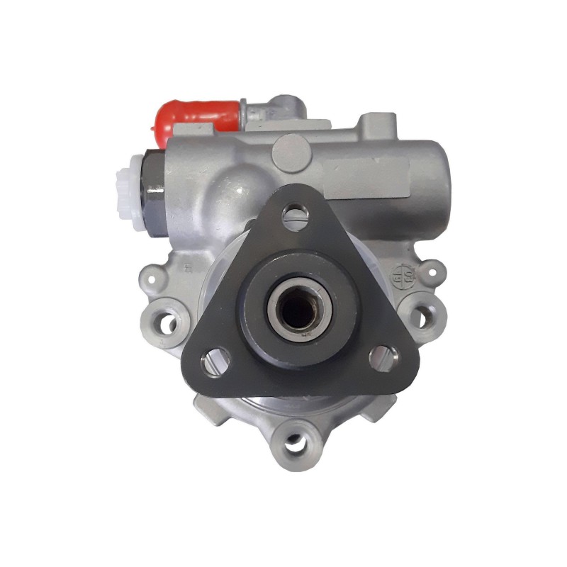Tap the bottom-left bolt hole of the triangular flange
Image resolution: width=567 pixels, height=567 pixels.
coord(213,361)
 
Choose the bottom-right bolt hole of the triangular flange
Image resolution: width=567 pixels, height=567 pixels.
coord(383,358)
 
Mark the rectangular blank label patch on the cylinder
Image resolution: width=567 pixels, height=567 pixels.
coord(369,173)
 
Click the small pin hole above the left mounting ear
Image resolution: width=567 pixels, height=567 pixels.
coord(152,274)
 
